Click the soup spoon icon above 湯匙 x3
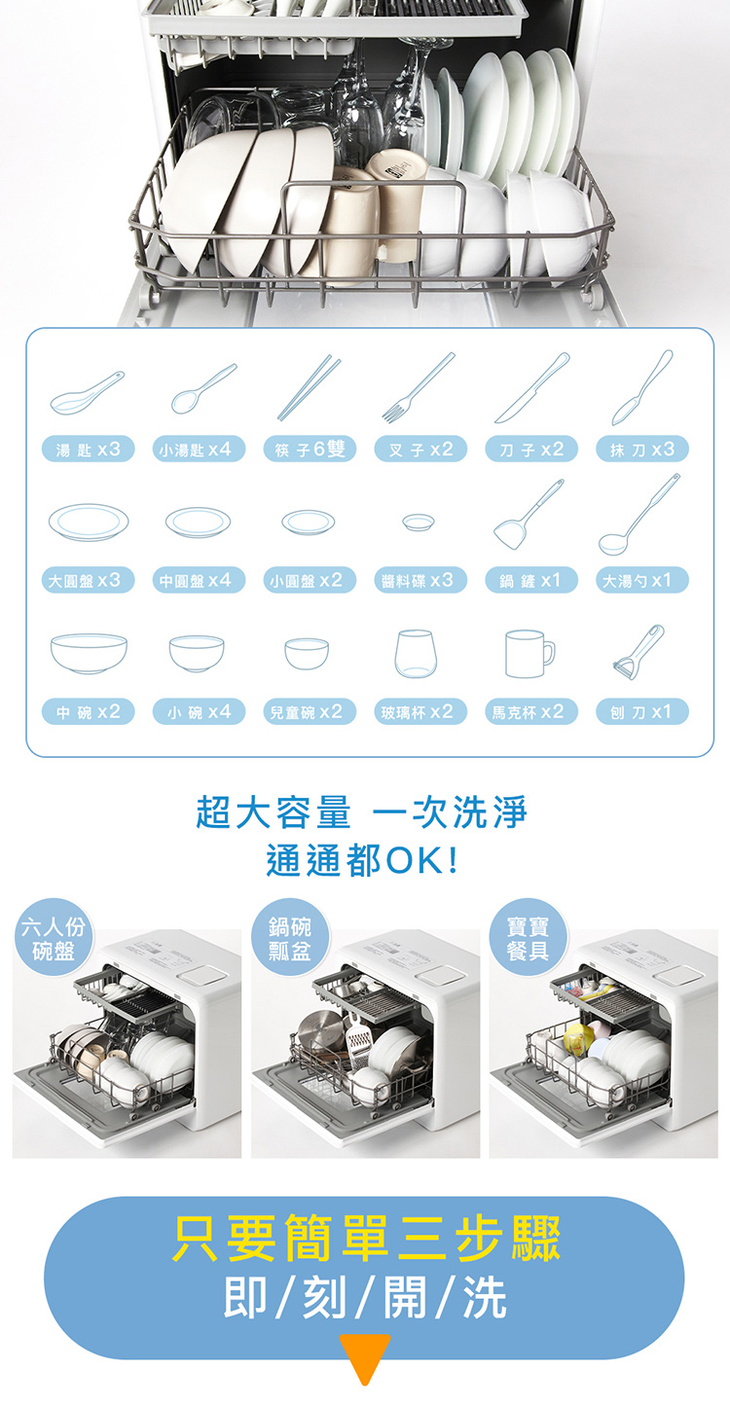coord(87,393)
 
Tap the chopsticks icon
coord(310,387)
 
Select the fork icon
coord(419,387)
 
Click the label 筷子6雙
coord(310,450)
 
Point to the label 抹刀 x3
coord(642,450)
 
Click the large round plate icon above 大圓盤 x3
coord(89,522)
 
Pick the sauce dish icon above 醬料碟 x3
coord(419,522)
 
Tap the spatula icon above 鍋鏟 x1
coord(529,515)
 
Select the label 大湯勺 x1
coord(642,581)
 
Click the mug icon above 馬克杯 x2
coord(529,654)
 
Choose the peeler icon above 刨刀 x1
coord(639,651)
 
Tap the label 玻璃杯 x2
coord(420,712)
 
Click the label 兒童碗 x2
coord(310,712)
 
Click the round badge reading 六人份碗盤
coord(54,937)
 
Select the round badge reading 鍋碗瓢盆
coord(289,937)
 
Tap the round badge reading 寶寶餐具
coord(528,937)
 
